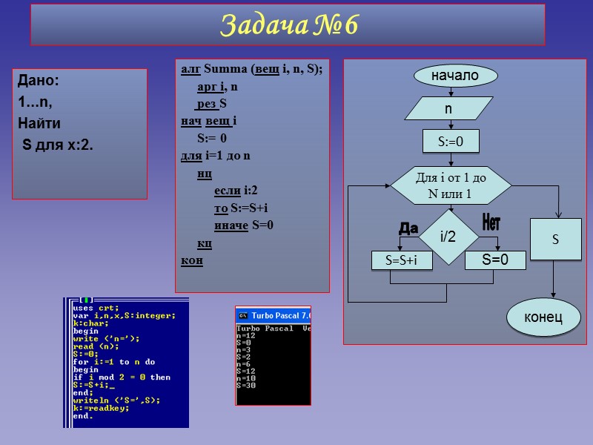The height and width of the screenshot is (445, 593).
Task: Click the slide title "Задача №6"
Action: pos(288,25)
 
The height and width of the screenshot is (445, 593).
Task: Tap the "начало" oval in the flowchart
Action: pos(455,76)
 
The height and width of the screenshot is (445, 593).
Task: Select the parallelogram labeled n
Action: pos(448,108)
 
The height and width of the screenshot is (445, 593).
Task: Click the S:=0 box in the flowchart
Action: pos(451,141)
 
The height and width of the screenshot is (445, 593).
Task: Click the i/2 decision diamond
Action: pos(448,237)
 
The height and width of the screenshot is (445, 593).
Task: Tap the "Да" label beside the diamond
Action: pos(408,228)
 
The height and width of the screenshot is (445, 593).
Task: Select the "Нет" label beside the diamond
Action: pos(491,221)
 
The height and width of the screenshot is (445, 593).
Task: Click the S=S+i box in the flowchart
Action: pos(401,260)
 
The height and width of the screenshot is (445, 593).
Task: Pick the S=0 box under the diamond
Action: pos(495,260)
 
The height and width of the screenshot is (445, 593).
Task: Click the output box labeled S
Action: pos(555,240)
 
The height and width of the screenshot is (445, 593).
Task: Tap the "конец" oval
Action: pos(543,317)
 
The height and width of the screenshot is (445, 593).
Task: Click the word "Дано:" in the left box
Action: pos(38,80)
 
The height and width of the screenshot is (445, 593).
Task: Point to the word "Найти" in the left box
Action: pos(39,122)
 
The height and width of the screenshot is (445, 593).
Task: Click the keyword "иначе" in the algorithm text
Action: pos(231,225)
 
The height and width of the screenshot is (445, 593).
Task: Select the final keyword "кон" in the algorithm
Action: pos(192,260)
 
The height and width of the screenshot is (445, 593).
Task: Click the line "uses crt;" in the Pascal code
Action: pos(96,307)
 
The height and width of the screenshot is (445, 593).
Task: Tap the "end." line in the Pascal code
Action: pos(83,415)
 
